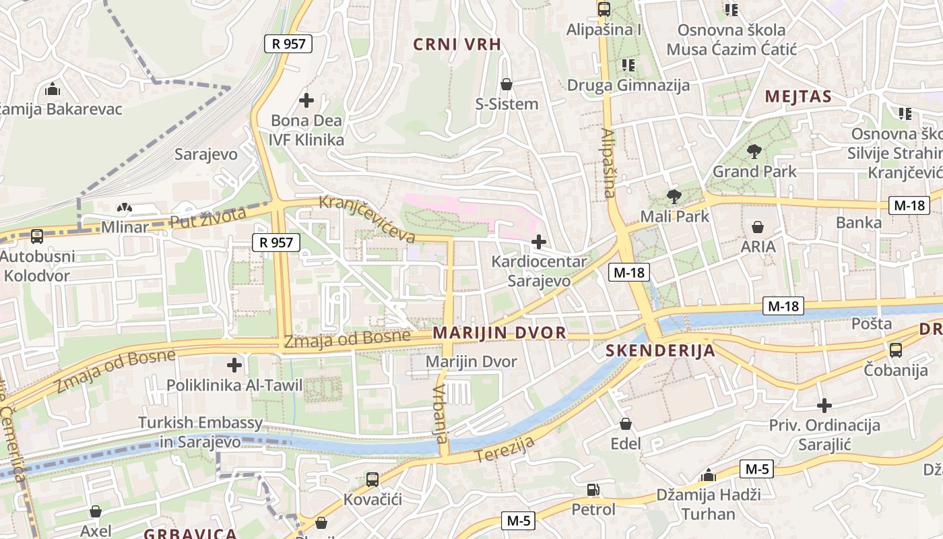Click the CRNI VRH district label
(x=457, y=44)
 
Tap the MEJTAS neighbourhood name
(x=798, y=96)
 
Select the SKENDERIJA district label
(x=659, y=350)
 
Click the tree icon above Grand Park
(x=754, y=152)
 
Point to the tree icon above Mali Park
(x=674, y=197)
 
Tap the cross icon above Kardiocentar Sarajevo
(x=539, y=241)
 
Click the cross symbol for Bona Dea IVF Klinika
(x=306, y=101)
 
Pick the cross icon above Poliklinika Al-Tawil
(x=234, y=366)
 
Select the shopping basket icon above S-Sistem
(x=507, y=84)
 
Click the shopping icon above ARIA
(x=758, y=227)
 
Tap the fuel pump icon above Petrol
(x=593, y=490)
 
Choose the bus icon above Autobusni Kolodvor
(x=37, y=236)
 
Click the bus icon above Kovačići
(x=372, y=480)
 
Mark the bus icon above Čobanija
(x=895, y=350)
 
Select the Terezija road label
(x=505, y=449)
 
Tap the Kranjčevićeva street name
(x=367, y=219)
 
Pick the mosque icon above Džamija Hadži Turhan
(x=708, y=475)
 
